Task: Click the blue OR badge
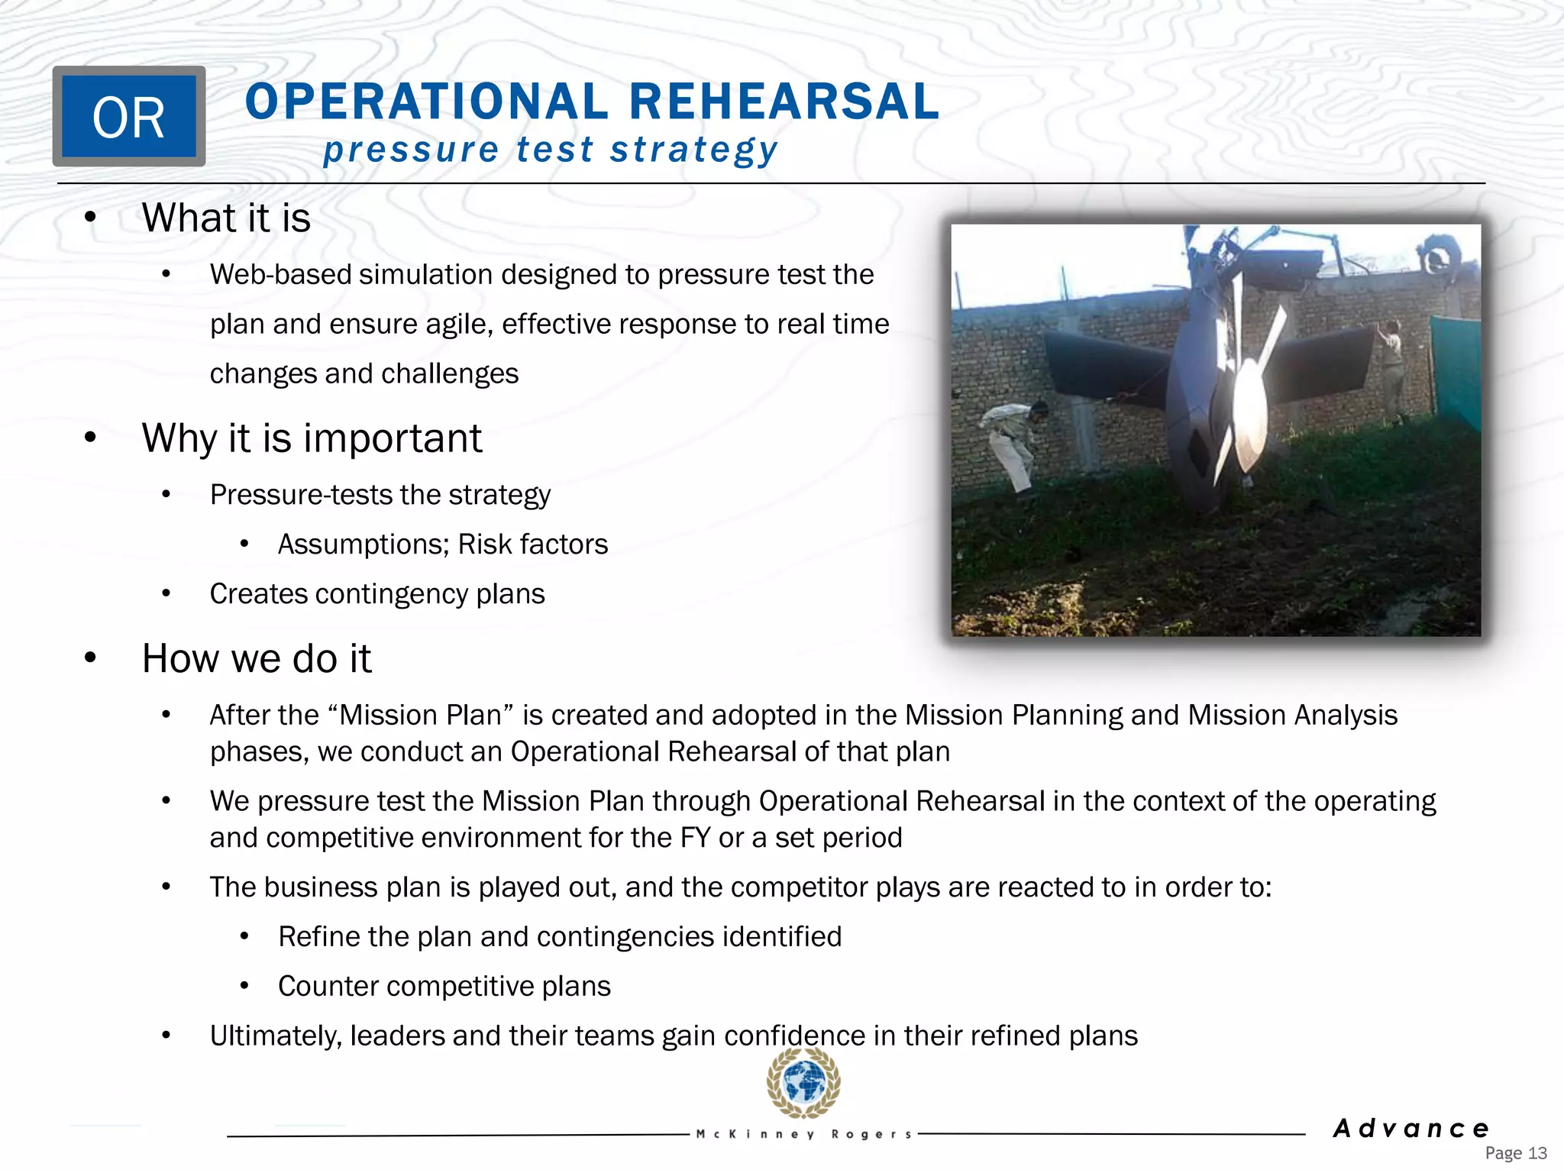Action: [x=128, y=116]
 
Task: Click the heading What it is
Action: [x=226, y=218]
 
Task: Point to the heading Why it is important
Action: [x=312, y=438]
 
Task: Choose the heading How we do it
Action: [x=257, y=658]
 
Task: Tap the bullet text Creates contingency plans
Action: [x=377, y=593]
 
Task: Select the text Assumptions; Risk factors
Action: [x=443, y=544]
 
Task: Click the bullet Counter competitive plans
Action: [x=444, y=986]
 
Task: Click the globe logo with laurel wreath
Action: [x=803, y=1083]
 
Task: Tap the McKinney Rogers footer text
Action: [x=803, y=1134]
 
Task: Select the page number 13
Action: [x=1537, y=1153]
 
